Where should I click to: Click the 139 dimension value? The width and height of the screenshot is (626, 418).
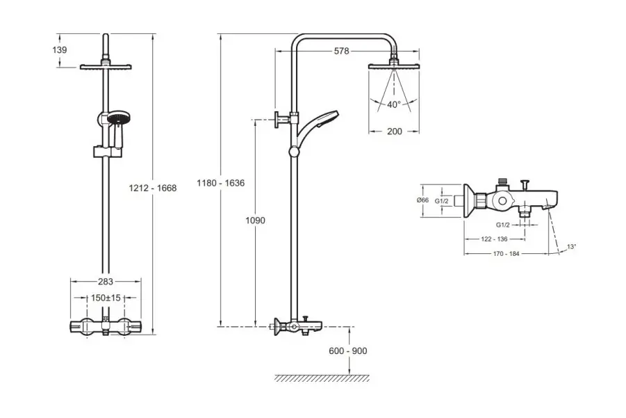(60, 49)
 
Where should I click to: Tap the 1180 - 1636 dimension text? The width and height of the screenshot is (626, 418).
(222, 182)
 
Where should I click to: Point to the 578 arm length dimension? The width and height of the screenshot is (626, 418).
(340, 51)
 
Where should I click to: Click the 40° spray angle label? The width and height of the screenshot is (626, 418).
(394, 105)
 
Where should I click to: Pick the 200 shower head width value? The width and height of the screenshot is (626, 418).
(394, 131)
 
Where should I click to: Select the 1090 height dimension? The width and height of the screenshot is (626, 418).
(256, 220)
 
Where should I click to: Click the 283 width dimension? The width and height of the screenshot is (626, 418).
(106, 282)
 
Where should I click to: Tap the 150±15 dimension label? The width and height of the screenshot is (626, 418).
(106, 298)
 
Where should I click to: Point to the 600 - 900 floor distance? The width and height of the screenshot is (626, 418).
(349, 351)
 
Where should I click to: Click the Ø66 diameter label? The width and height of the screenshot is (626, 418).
(422, 200)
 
